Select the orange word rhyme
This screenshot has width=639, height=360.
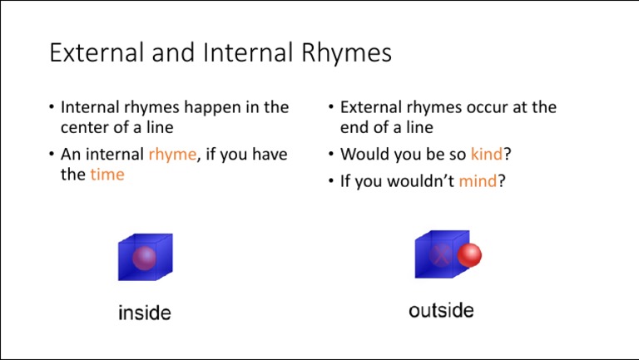pyautogui.click(x=172, y=154)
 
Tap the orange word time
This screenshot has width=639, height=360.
pyautogui.click(x=107, y=175)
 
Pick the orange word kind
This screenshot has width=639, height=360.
pyautogui.click(x=487, y=154)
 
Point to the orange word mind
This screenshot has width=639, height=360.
pyautogui.click(x=477, y=180)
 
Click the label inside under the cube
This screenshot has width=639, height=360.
pyautogui.click(x=145, y=313)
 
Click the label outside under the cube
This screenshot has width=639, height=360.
pyautogui.click(x=441, y=311)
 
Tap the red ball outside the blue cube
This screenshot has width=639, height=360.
pyautogui.click(x=469, y=255)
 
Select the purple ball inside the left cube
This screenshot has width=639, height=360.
pyautogui.click(x=144, y=258)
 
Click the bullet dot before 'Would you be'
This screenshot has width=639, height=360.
pyautogui.click(x=331, y=154)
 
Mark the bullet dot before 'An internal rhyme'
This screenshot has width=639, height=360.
pyautogui.click(x=52, y=154)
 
